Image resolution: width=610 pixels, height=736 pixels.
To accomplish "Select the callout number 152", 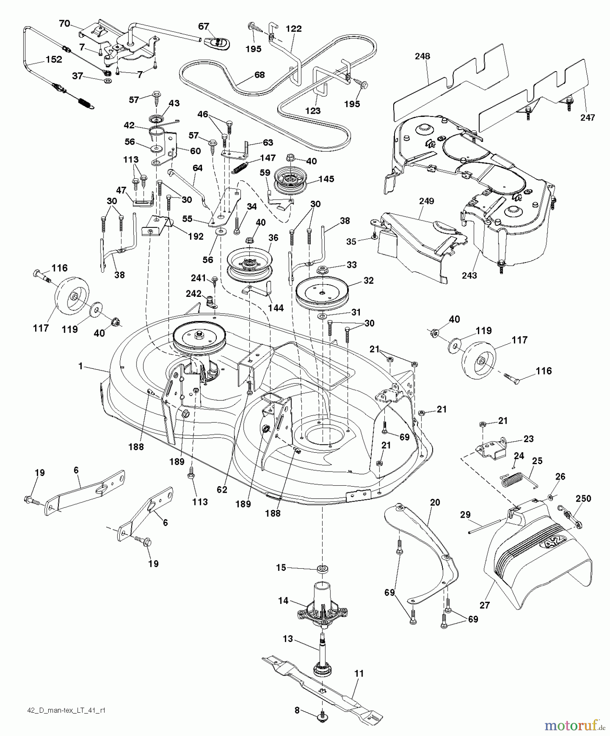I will (x=54, y=60).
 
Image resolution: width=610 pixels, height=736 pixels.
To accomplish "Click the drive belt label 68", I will (x=259, y=75).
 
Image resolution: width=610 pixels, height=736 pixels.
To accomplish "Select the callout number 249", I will (x=426, y=201).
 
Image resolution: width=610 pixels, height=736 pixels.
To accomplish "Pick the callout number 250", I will (x=583, y=498).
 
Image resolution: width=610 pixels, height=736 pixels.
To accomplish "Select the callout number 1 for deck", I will (x=81, y=366).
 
